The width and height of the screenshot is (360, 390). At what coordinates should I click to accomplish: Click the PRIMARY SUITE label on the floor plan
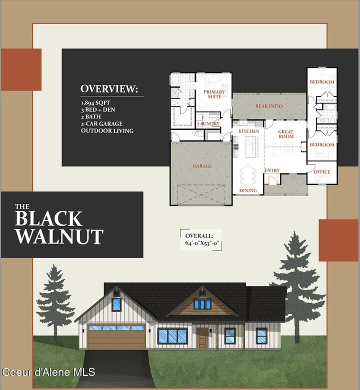tap(214, 94)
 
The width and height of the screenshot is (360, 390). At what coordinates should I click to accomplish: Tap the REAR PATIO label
tap(269, 106)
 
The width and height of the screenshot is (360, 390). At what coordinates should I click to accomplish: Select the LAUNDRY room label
tap(208, 123)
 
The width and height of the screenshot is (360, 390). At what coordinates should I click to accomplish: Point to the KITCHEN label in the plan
tap(248, 131)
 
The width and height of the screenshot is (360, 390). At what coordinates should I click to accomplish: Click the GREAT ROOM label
tap(286, 133)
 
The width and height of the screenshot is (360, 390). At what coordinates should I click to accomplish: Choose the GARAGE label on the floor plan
tap(202, 166)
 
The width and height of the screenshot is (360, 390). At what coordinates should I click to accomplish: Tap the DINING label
tap(248, 190)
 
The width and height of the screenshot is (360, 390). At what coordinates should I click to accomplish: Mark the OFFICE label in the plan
tap(321, 172)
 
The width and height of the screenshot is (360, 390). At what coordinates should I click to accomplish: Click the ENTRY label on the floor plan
tap(272, 170)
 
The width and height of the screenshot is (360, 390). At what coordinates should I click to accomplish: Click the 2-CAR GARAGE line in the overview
tap(101, 123)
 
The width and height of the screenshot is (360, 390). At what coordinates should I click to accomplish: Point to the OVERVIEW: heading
tap(109, 89)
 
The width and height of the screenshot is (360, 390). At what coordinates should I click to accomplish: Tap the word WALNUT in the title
tap(59, 236)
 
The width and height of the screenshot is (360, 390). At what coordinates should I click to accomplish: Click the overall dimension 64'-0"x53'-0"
tap(202, 244)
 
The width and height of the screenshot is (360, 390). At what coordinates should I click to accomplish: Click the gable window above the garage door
tap(116, 303)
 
